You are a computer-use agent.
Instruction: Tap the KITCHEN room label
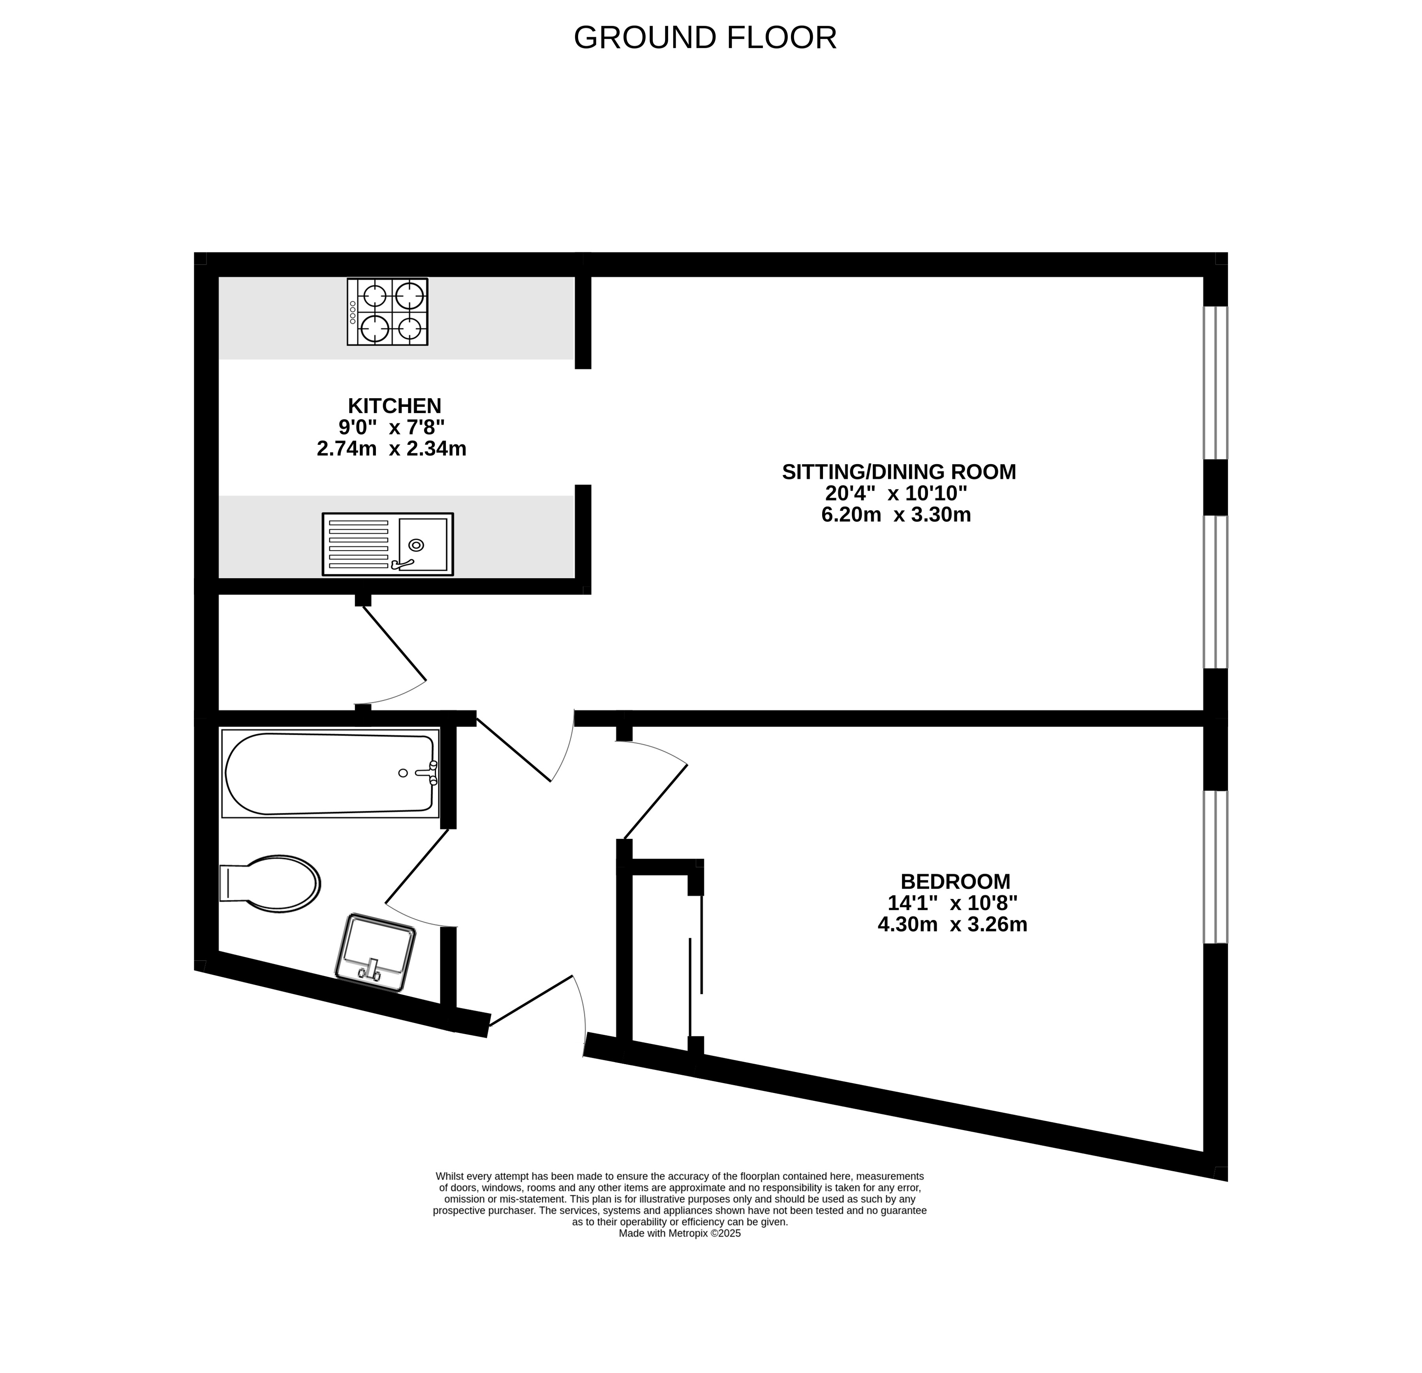tap(394, 406)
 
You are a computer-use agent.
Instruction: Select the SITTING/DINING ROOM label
tap(899, 472)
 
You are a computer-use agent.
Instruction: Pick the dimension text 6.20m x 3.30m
tap(896, 515)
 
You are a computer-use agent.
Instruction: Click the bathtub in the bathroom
tap(330, 773)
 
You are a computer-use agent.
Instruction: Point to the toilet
tap(270, 883)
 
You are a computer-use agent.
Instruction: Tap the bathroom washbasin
tap(375, 952)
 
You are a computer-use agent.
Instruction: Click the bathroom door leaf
tap(417, 867)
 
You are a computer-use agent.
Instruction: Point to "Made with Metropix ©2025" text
tap(680, 1233)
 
